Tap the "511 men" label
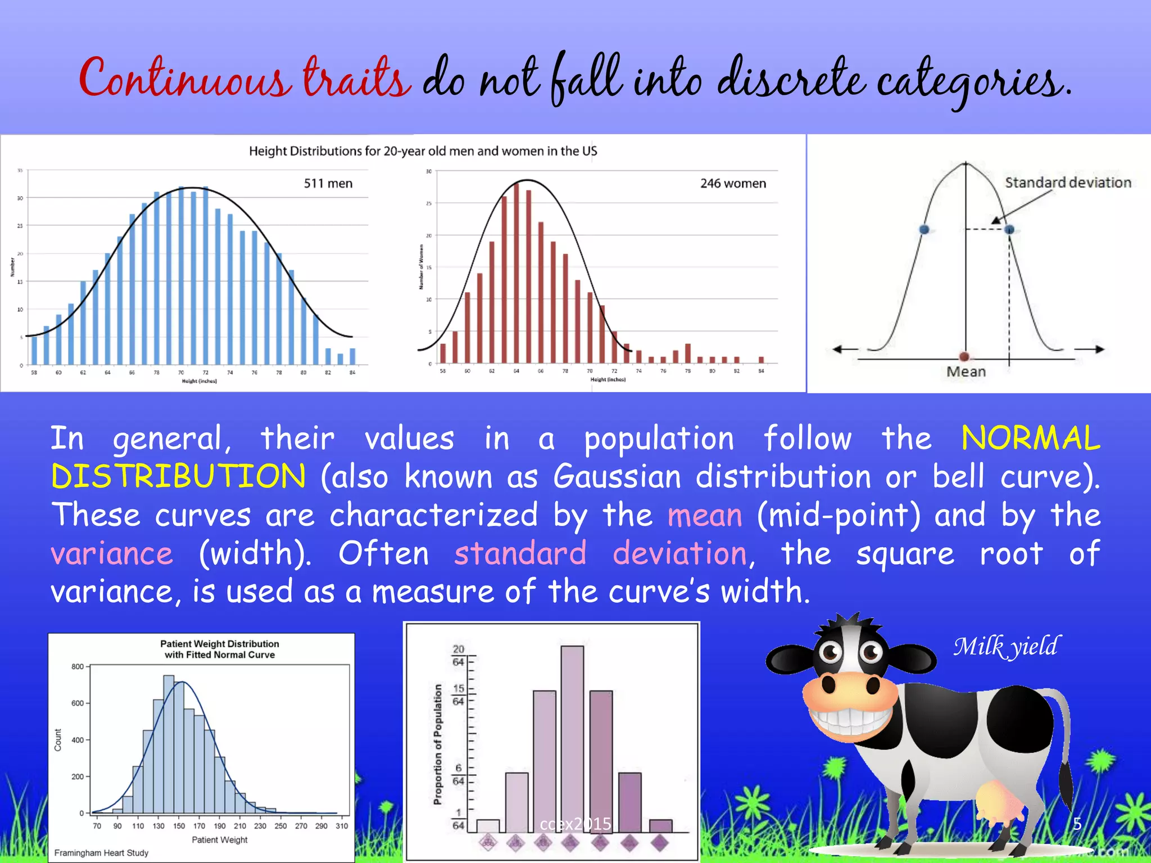[x=328, y=184]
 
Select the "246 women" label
[x=733, y=184]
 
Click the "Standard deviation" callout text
[x=1068, y=183]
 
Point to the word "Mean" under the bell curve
[x=966, y=371]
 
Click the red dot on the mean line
[x=964, y=357]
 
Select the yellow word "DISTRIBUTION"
[x=179, y=476]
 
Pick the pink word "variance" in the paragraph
[x=112, y=553]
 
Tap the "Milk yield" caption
[x=1006, y=646]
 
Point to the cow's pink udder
[x=998, y=801]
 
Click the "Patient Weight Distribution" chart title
[x=219, y=644]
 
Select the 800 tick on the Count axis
[x=78, y=667]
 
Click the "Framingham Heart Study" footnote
[x=101, y=853]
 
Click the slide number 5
[x=1077, y=824]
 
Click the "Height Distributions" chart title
[x=423, y=151]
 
